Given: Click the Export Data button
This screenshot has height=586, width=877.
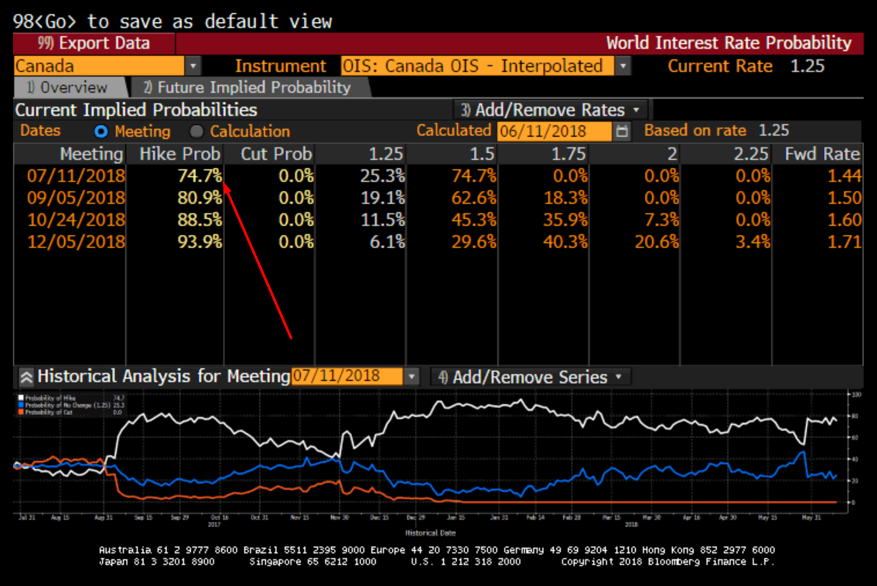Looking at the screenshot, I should tap(94, 43).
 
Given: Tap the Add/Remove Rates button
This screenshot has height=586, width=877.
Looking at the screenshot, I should tap(550, 110).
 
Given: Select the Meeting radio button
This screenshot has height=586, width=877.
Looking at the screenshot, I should tap(101, 131).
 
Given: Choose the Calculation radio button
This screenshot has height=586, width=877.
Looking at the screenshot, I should tap(197, 131).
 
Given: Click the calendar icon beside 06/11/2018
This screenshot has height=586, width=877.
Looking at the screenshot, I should tap(622, 131).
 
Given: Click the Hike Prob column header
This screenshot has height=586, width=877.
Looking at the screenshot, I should tap(180, 154).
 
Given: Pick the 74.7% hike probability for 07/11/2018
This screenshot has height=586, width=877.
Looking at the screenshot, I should tap(200, 176).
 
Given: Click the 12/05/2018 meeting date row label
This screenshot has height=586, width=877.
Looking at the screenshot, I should tap(76, 242).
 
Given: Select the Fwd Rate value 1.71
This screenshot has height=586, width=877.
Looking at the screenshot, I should tap(844, 242).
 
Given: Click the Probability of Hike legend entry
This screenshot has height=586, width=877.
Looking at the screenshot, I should tap(50, 398).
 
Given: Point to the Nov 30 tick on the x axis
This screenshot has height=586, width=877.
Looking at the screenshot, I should tap(340, 517).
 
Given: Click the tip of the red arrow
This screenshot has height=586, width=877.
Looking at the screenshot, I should tap(225, 184).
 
